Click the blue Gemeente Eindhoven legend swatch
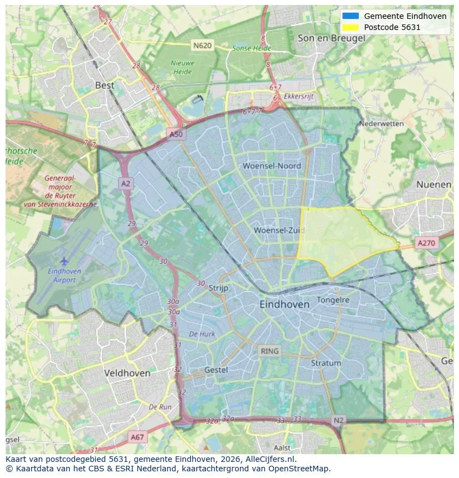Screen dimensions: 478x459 [351, 16]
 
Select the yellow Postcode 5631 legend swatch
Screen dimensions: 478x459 [351, 27]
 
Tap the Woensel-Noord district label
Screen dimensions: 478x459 [272, 166]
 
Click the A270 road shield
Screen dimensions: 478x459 [426, 243]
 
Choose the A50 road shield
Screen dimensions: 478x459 [176, 134]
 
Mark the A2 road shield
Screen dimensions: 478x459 [126, 183]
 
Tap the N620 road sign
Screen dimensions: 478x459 [202, 45]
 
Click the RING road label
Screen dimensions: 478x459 [270, 351]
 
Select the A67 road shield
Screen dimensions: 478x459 [137, 437]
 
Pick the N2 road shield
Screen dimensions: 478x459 [339, 420]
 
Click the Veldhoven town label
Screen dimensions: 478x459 [127, 373]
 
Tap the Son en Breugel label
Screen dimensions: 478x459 [331, 38]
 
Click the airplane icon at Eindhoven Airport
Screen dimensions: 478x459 [64, 260]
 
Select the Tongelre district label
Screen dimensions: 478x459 [333, 300]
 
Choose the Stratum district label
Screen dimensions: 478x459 [326, 363]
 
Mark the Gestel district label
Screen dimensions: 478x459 [216, 370]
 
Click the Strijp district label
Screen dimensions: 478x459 [218, 288]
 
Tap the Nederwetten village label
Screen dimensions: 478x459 [381, 124]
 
